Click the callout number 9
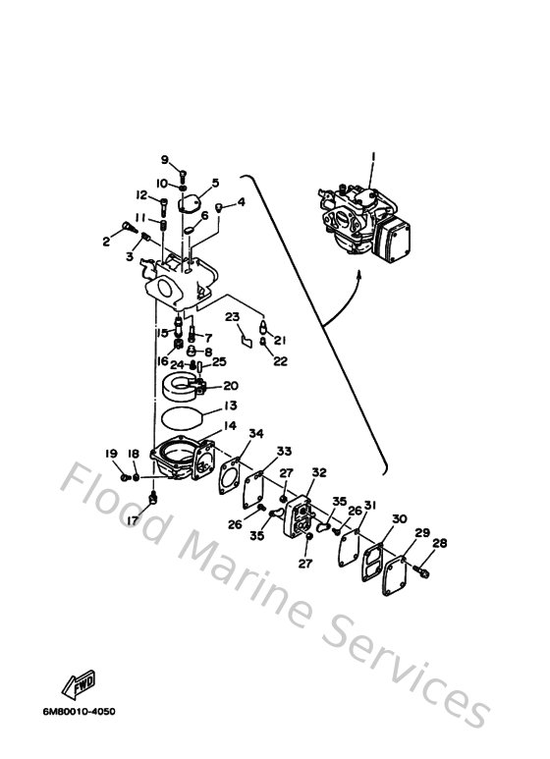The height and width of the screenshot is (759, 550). pyautogui.click(x=165, y=160)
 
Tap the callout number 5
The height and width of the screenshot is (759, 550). pyautogui.click(x=215, y=183)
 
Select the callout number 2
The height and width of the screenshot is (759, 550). pyautogui.click(x=105, y=240)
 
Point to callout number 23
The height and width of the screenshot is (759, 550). pyautogui.click(x=232, y=316)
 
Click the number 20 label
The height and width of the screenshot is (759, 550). pyautogui.click(x=230, y=386)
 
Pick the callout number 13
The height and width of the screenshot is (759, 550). pyautogui.click(x=229, y=406)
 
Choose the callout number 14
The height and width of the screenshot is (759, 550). pyautogui.click(x=230, y=425)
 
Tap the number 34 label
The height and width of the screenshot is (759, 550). pyautogui.click(x=256, y=434)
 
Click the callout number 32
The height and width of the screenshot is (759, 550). pyautogui.click(x=318, y=472)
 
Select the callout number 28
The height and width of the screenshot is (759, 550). pyautogui.click(x=438, y=543)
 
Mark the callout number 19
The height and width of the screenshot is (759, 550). pyautogui.click(x=111, y=453)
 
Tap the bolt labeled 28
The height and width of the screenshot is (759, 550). pyautogui.click(x=423, y=567)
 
